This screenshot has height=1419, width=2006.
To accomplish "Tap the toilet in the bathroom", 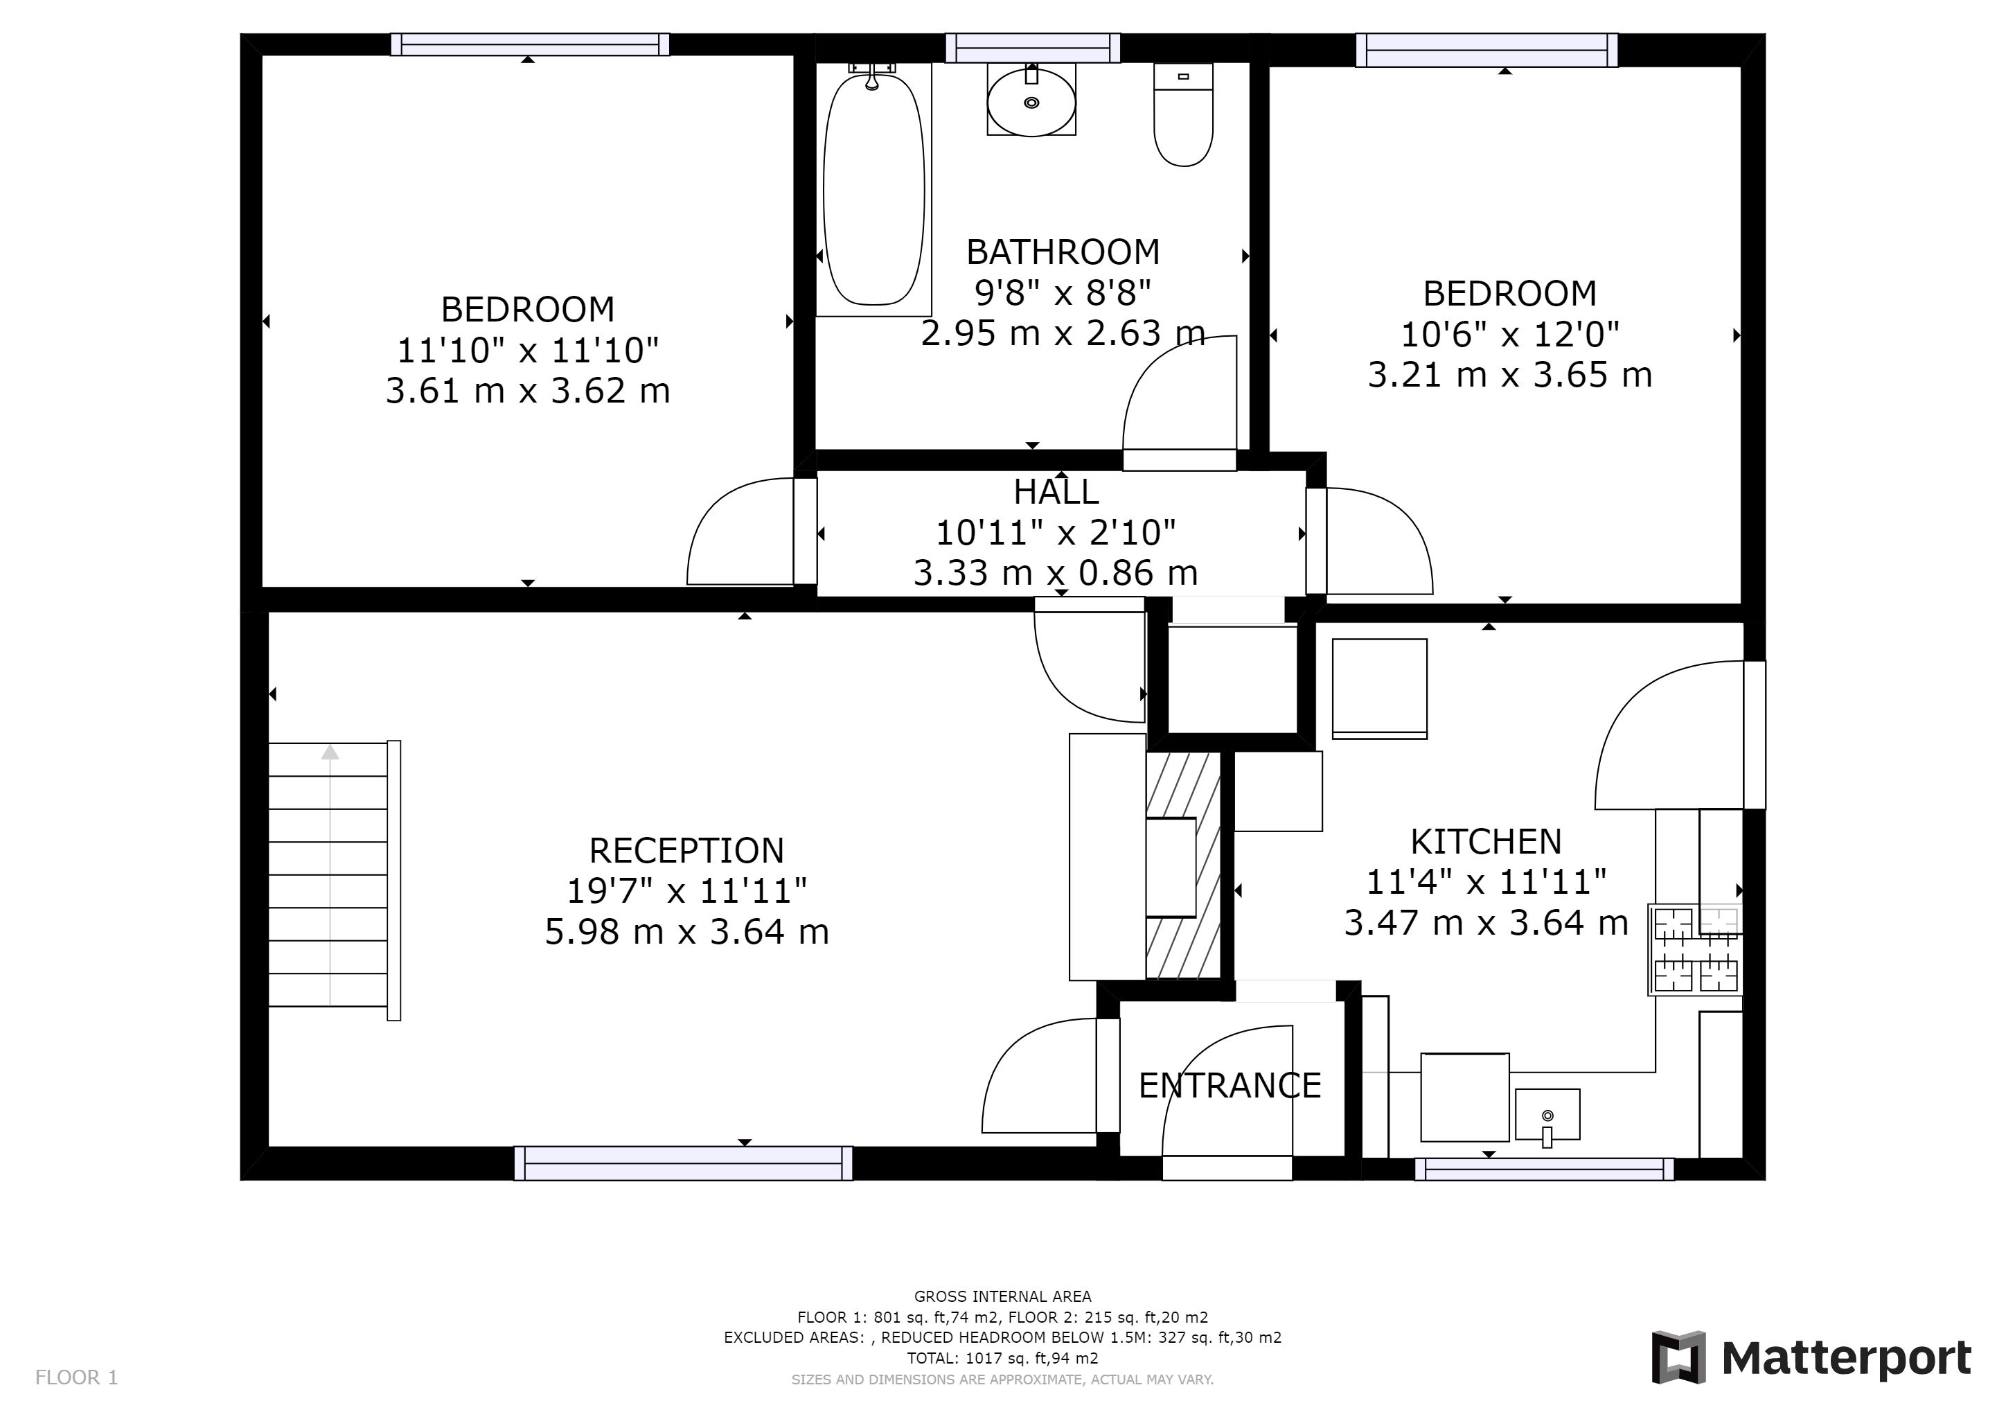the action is pos(1183,114).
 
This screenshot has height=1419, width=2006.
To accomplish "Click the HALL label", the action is pos(1056,492).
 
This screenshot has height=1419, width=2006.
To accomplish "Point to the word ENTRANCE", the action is pos(1230,1085).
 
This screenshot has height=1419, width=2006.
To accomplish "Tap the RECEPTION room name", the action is pos(686,850).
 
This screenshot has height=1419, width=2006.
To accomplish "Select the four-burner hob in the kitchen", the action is pos(1696,950).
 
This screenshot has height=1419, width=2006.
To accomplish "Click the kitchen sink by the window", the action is pos(1547,1115).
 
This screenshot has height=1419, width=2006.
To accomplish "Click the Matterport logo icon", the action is pos(1678,1357).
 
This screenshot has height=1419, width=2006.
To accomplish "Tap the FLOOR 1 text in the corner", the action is pos(76,1378).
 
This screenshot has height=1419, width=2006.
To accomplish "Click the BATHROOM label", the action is pos(1063,252).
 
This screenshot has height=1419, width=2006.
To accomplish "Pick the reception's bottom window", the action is pos(683,1163).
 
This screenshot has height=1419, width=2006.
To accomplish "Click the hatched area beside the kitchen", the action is pos(1183,865).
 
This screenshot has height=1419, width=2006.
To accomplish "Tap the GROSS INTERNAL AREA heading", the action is pos(1002,1296).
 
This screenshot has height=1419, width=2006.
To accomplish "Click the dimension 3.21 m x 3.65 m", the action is pos(1510,375).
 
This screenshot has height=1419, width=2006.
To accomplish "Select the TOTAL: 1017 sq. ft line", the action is pos(1002,1359).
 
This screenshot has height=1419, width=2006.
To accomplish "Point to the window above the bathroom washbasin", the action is pos(1033,48).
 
